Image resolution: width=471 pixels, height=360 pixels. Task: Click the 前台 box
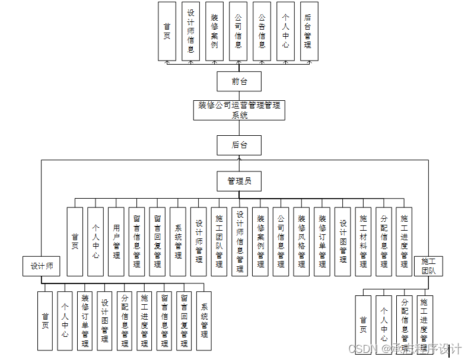coord(239,81)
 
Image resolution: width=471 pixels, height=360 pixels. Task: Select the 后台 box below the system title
coord(239,145)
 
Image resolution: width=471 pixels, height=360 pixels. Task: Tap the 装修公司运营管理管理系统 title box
coord(239,110)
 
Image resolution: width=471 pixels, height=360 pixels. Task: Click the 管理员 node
coord(239,181)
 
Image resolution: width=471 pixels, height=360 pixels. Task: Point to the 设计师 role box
coord(42,266)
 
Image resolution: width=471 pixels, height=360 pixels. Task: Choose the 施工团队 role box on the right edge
coord(428,266)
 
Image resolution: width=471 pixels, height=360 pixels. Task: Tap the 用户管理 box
coord(116,241)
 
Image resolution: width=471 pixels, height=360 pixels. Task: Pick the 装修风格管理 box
coord(301,241)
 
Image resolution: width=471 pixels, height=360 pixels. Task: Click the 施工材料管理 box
coord(363,241)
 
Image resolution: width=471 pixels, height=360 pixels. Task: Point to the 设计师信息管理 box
coord(240,241)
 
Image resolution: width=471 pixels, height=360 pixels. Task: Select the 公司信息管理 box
coord(281,241)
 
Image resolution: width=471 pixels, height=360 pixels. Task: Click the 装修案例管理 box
coord(260,241)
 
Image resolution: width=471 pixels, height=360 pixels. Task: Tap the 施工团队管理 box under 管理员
coord(219,241)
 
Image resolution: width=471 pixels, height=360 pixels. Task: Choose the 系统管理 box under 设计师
coord(203,321)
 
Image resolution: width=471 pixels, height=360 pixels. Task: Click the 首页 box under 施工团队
coord(363,325)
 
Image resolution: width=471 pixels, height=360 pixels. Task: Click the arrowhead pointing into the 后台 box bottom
coord(239,157)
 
